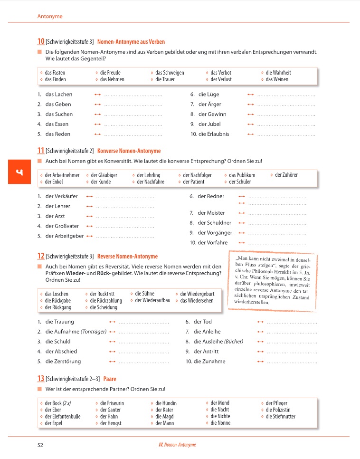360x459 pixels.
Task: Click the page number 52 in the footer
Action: coord(40,445)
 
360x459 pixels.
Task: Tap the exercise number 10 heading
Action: coord(41,42)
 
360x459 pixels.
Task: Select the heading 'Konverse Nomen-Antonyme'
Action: coord(129,151)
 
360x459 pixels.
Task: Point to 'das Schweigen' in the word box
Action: coord(170,73)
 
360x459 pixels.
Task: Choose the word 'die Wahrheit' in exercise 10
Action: coord(278,73)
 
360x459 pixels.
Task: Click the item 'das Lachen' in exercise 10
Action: coord(59,95)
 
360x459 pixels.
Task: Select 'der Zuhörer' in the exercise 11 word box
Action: coord(286,175)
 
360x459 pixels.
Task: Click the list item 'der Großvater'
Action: coord(62,226)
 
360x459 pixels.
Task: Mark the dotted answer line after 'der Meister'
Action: coord(277,213)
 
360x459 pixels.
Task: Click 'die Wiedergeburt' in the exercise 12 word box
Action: coord(197,294)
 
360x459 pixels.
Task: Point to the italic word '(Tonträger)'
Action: coord(94,332)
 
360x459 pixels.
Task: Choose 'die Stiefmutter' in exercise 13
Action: coord(280,417)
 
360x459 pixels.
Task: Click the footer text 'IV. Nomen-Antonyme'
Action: coord(177,445)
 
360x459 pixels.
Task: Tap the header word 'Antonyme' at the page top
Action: coord(50,16)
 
